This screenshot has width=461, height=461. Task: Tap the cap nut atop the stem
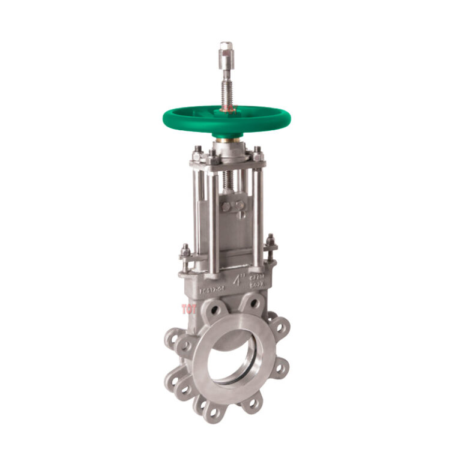coord(226,50)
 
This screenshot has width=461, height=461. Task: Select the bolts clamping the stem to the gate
coord(230,206)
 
